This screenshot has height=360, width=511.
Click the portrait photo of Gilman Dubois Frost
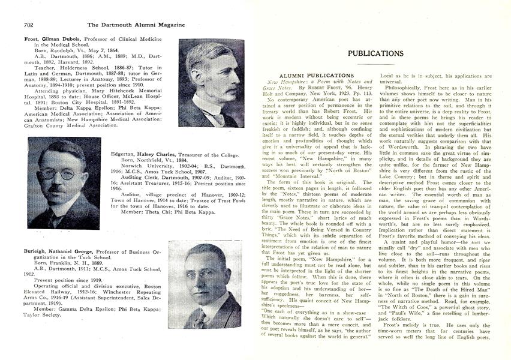tap(211, 83)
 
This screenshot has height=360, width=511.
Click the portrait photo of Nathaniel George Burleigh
tap(205, 284)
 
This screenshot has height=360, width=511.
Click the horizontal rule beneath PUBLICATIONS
tap(375, 64)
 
